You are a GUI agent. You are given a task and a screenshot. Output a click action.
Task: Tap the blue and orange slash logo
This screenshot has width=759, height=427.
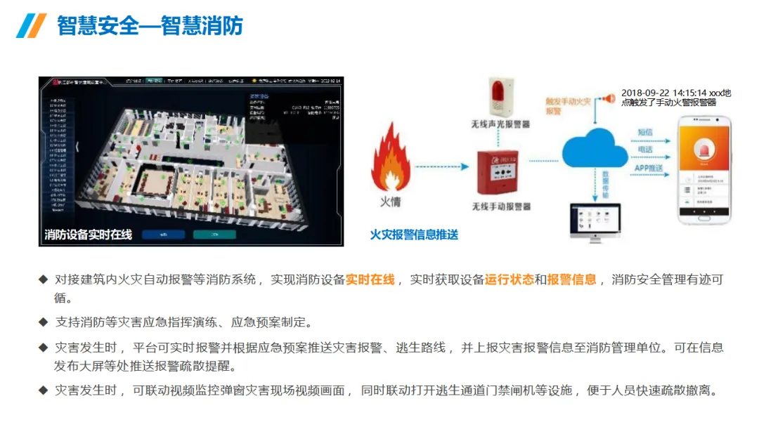point(31,26)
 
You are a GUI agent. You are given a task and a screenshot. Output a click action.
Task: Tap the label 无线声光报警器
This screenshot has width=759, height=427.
point(500,124)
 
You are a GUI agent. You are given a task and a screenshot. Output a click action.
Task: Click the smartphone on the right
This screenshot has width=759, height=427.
point(703,171)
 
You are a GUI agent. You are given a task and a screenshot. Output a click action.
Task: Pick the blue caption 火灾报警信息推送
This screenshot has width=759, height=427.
point(414,235)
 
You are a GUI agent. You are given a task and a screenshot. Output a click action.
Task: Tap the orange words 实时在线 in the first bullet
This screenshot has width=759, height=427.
point(370,280)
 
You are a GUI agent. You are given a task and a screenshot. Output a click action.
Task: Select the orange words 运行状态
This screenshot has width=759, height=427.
point(509,280)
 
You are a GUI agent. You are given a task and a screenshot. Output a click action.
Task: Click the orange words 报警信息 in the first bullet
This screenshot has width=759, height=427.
point(571,280)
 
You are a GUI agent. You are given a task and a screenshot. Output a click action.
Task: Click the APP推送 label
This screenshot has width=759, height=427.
point(650,168)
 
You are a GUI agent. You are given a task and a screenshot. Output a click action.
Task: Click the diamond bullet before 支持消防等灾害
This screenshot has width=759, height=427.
point(44,322)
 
